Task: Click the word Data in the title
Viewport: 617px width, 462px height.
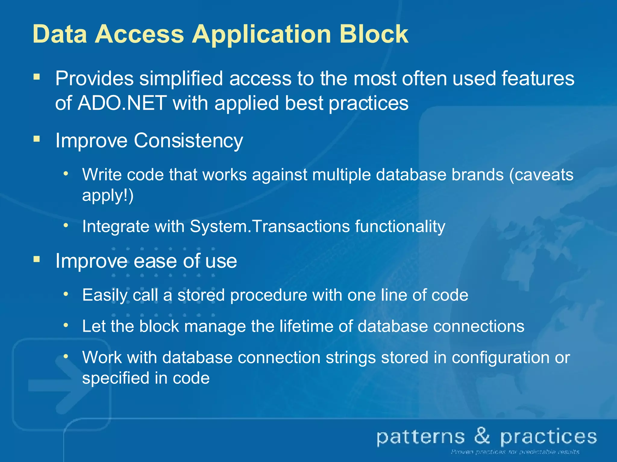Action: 60,34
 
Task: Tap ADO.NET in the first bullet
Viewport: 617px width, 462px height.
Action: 122,103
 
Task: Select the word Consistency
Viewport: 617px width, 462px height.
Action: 188,141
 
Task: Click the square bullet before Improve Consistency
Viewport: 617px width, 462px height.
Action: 37,139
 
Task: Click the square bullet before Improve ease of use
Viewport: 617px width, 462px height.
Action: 37,259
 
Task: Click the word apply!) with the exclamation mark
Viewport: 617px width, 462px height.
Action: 108,196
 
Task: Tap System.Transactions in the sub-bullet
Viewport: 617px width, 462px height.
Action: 270,226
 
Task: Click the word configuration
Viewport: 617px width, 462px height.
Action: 500,358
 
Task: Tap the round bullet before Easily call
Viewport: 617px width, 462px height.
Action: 66,294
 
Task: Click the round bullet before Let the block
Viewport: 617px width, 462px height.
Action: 66,325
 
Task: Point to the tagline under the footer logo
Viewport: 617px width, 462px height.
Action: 515,452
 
